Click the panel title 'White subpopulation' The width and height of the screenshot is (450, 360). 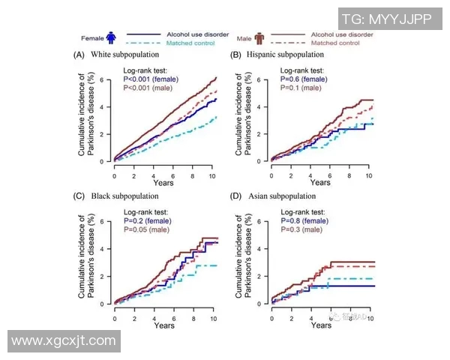(x=125, y=55)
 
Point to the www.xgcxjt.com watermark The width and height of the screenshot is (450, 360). (x=64, y=341)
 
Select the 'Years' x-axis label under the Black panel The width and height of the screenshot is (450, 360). (x=164, y=325)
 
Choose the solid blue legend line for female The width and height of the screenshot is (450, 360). (x=144, y=34)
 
